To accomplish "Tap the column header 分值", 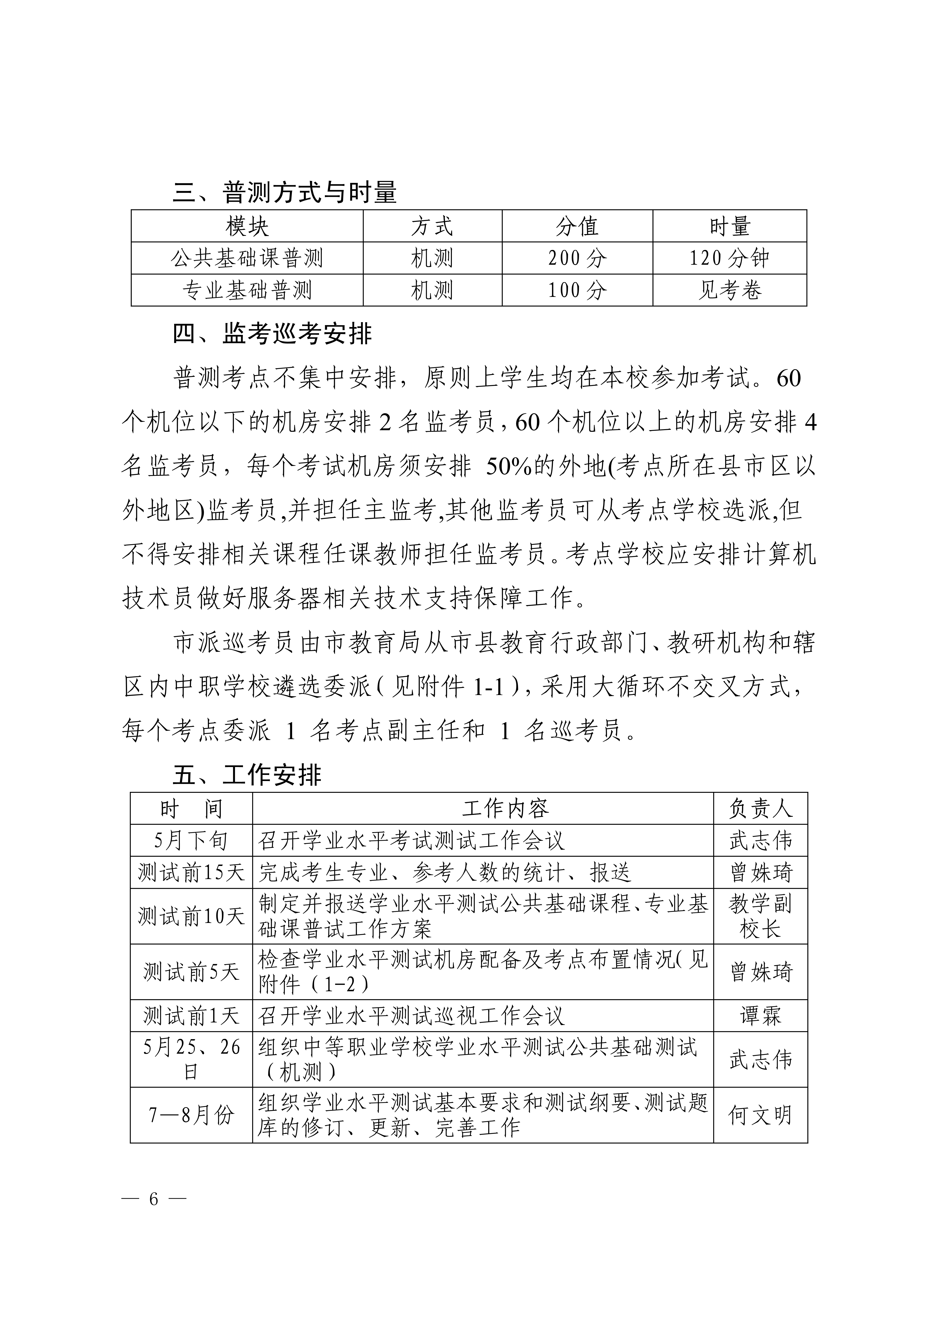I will [x=577, y=226].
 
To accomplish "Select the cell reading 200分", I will [x=577, y=258].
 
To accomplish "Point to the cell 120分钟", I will [x=729, y=258].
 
